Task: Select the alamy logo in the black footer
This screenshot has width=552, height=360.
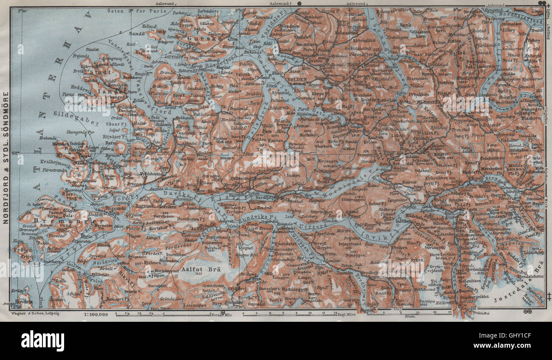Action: pyautogui.click(x=42, y=340)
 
